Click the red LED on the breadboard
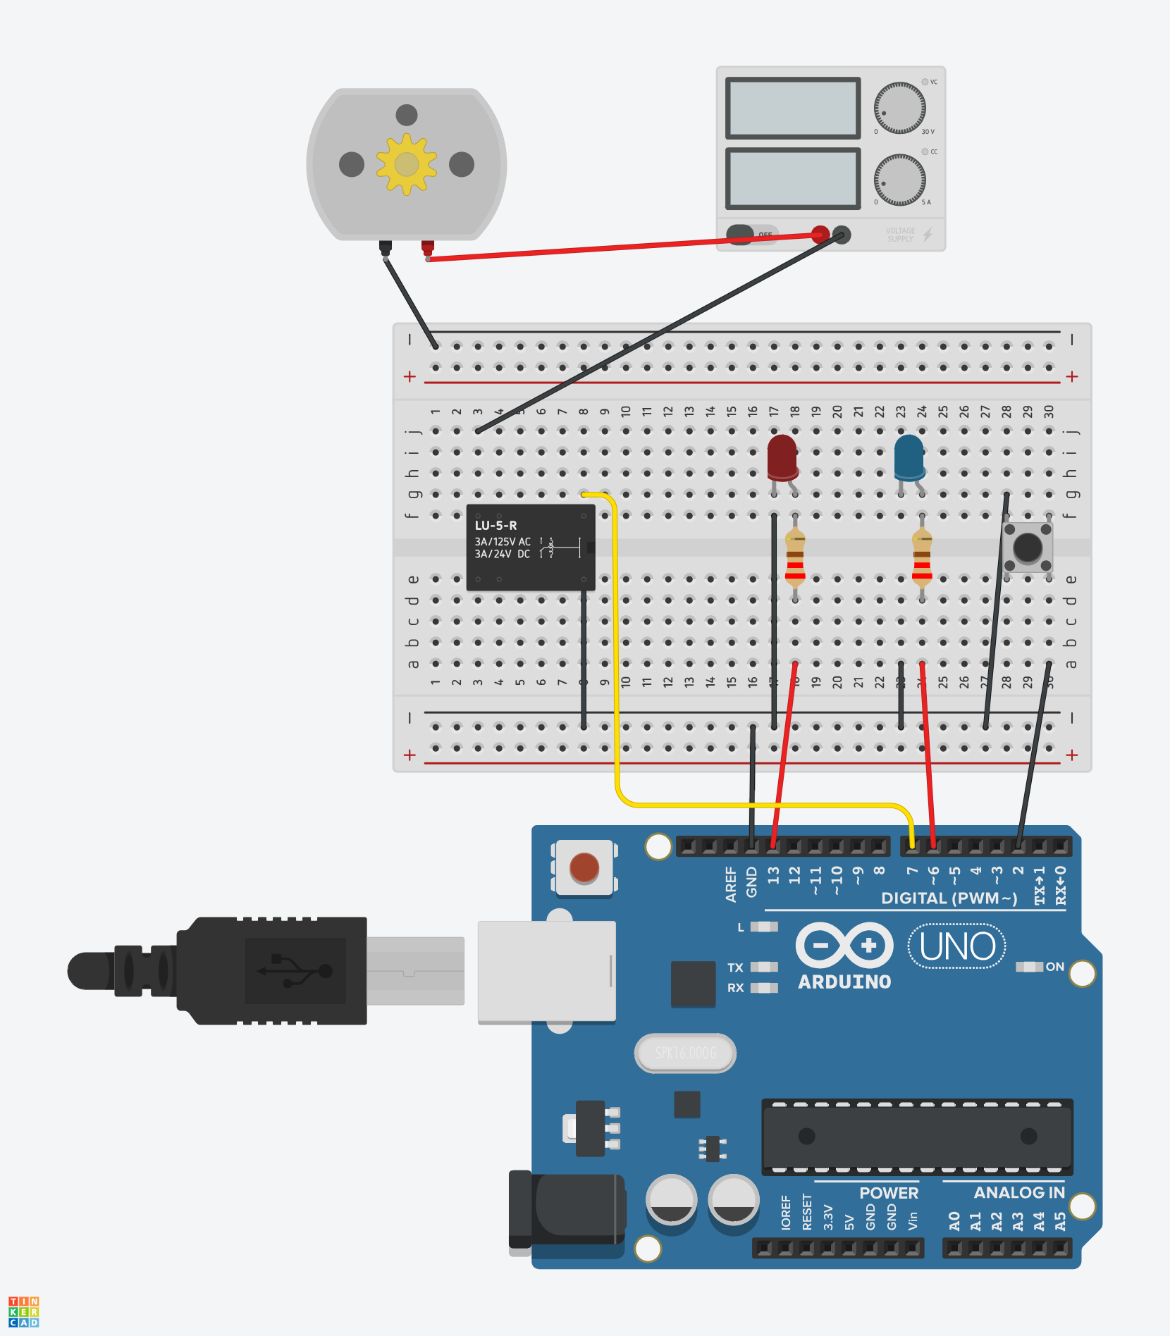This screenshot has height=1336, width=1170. [x=782, y=457]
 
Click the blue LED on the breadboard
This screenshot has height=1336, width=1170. [x=909, y=457]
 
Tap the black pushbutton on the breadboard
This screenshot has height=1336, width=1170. [x=1027, y=548]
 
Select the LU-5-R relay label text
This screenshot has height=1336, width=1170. [x=495, y=526]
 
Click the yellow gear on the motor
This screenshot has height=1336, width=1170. [x=406, y=164]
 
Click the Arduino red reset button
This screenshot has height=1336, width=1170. [x=584, y=867]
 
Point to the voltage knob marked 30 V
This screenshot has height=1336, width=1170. [x=899, y=108]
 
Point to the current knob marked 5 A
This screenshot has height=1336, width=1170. [x=899, y=179]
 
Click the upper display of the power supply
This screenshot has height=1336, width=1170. [x=793, y=108]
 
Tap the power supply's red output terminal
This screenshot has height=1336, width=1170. [x=820, y=235]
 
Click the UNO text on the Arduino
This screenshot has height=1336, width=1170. [x=957, y=946]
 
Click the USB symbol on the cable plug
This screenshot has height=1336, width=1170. [x=295, y=970]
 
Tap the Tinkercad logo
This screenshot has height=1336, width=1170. [x=24, y=1311]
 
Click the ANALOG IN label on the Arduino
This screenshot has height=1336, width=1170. [x=1018, y=1193]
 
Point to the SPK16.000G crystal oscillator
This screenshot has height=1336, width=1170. [x=685, y=1053]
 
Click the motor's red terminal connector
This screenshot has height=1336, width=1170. [x=427, y=247]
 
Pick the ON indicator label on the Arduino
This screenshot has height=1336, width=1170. [x=1054, y=967]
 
